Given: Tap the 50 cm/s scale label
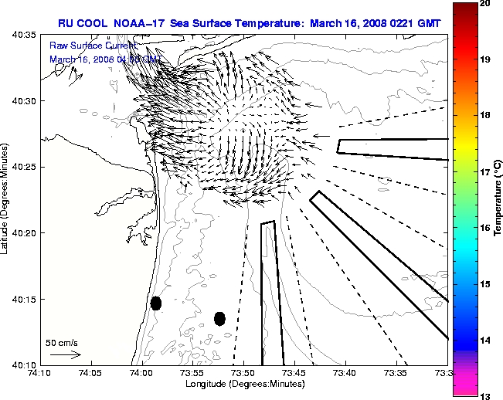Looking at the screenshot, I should point(61,342).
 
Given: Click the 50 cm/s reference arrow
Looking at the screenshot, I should point(65,354).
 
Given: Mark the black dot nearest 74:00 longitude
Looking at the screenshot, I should point(156,303).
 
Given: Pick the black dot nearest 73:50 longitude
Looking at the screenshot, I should point(219,318).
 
